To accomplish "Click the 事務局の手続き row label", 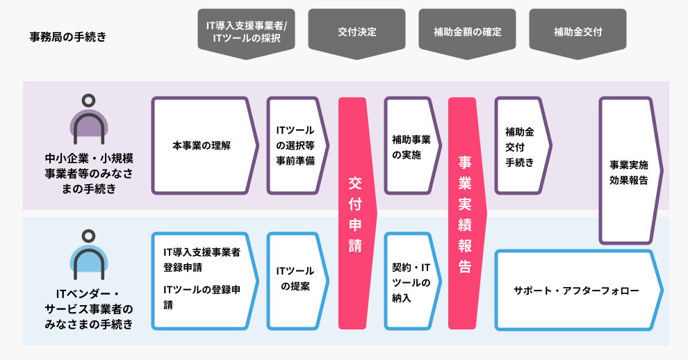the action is pos(67,37).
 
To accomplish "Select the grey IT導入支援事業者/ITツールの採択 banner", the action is pos(246,33).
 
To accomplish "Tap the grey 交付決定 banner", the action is pos(357,33).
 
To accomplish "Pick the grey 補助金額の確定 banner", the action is pos(467,33).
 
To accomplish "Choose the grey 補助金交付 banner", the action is pos(578,33).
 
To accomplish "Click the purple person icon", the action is pos(89,120).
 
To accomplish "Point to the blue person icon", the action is pos(89,255).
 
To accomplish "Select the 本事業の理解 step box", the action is pos(205,145).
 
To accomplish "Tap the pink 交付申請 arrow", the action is pos(357,213).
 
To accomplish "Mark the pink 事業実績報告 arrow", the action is pos(467,213).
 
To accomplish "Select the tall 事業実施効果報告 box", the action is pos(631,171).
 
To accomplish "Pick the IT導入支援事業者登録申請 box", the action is pos(205,281).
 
